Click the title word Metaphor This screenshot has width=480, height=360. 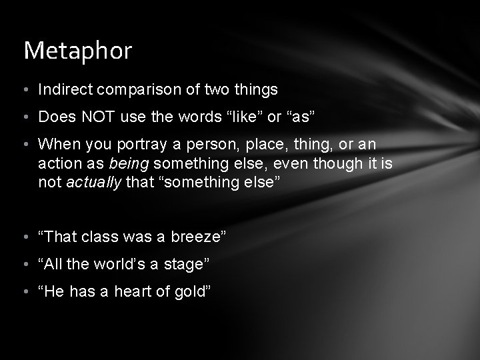(x=78, y=51)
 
